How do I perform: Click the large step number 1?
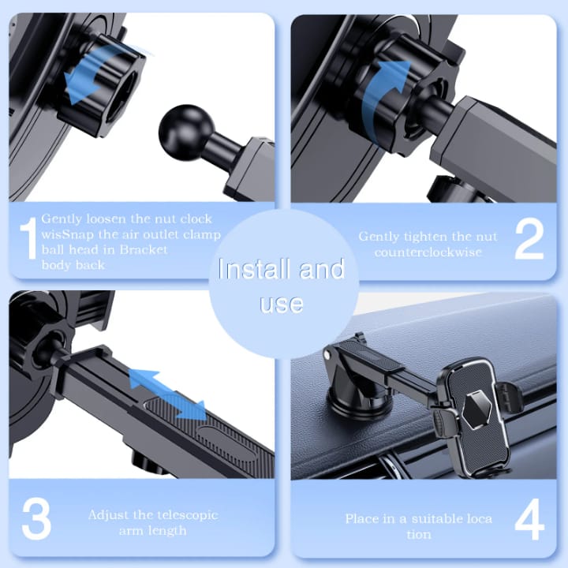(28, 238)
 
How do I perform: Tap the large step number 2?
(529, 240)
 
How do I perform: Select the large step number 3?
(36, 518)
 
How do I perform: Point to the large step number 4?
(529, 519)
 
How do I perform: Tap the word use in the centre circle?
(282, 304)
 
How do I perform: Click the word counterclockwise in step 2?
(428, 252)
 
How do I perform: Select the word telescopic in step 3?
(183, 515)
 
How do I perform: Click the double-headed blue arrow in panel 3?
(167, 395)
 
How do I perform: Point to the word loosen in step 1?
(106, 219)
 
